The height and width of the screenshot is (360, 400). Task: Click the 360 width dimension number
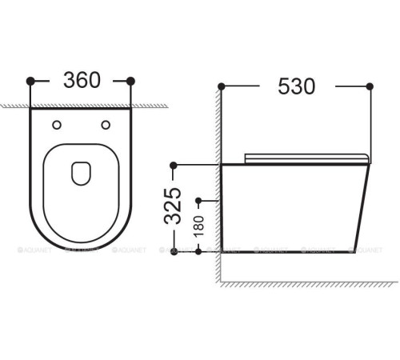pyautogui.click(x=81, y=80)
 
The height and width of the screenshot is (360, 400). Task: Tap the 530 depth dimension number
pyautogui.click(x=297, y=85)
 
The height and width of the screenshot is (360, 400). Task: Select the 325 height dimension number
pyautogui.click(x=182, y=207)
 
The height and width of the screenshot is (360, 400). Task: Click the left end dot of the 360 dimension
pyautogui.click(x=30, y=80)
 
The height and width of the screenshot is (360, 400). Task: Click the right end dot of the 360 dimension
pyautogui.click(x=131, y=80)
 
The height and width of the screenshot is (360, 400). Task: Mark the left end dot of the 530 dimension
pyautogui.click(x=222, y=85)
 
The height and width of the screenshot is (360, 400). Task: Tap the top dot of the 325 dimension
pyautogui.click(x=171, y=166)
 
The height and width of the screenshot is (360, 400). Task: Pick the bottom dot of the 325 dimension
pyautogui.click(x=171, y=251)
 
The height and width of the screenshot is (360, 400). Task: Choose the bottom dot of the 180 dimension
pyautogui.click(x=196, y=251)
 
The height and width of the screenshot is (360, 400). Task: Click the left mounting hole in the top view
pyautogui.click(x=56, y=124)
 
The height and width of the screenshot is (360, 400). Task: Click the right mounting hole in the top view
pyautogui.click(x=106, y=124)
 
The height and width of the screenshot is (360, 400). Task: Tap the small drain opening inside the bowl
pyautogui.click(x=81, y=172)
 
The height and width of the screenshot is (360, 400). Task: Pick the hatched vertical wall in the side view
pyautogui.click(x=218, y=184)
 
